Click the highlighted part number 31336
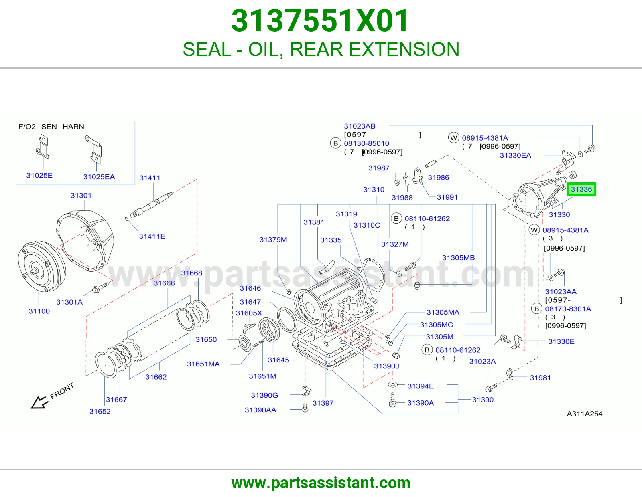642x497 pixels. (581, 189)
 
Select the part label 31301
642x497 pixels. (81, 195)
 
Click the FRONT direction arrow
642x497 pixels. (39, 402)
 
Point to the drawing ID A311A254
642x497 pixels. (584, 414)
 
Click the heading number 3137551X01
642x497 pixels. (320, 21)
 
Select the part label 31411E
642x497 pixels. (152, 236)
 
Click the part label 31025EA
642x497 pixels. (99, 177)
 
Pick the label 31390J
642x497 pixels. (386, 366)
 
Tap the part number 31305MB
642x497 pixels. (458, 258)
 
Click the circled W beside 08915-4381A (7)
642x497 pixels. (453, 138)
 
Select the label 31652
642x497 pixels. (100, 411)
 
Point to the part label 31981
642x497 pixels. (540, 378)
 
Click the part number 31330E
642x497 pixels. (561, 341)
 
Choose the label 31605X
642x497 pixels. (249, 313)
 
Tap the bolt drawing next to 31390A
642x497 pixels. (393, 400)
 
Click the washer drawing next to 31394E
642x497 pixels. (393, 384)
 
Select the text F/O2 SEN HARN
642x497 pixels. (51, 127)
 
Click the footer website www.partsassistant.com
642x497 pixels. (321, 483)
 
